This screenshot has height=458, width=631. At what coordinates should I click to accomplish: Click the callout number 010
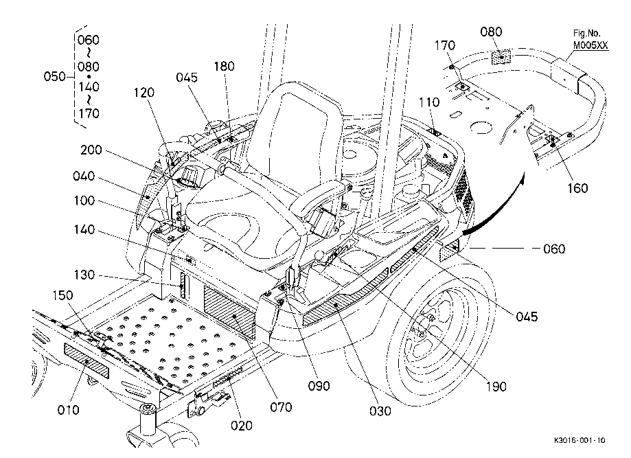click(x=69, y=410)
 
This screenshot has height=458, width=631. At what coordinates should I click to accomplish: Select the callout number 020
click(x=242, y=426)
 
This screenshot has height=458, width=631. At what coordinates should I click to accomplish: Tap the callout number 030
click(x=380, y=411)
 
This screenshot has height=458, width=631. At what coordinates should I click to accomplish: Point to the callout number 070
click(x=281, y=407)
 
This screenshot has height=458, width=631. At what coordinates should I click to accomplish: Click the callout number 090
click(x=319, y=386)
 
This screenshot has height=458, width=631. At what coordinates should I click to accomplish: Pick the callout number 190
click(x=496, y=387)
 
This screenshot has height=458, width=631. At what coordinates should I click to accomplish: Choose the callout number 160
click(x=577, y=188)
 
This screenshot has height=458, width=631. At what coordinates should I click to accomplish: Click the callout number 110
click(x=429, y=102)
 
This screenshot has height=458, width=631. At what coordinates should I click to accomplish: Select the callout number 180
click(x=224, y=66)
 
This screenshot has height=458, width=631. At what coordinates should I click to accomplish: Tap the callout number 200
click(x=91, y=150)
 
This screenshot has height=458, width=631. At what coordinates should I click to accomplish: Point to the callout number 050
click(x=54, y=76)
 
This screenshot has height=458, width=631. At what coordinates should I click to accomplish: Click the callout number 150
click(x=62, y=295)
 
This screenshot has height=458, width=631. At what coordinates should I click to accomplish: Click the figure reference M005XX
click(x=590, y=45)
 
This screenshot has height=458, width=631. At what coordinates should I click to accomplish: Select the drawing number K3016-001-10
click(x=580, y=440)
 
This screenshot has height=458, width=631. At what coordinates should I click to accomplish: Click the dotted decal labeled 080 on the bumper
click(x=501, y=57)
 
